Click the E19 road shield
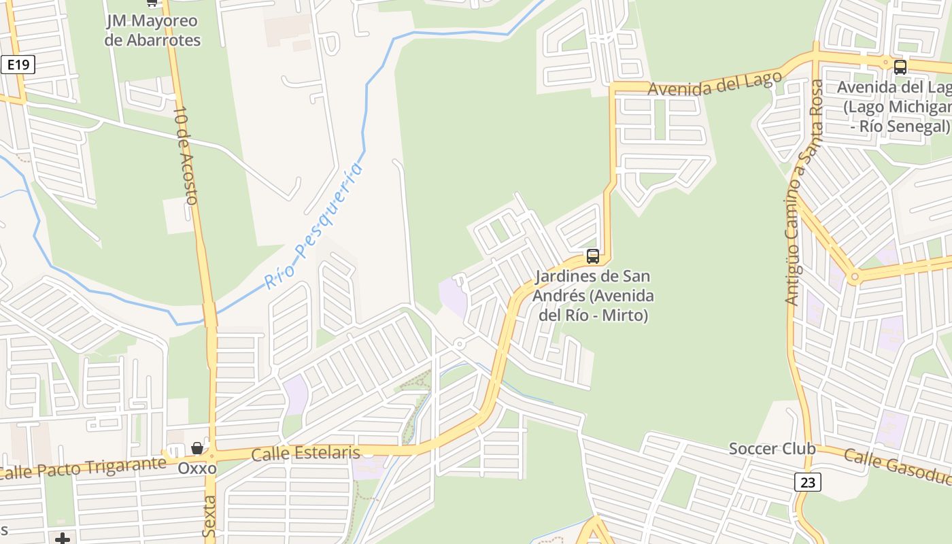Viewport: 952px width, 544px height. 18,65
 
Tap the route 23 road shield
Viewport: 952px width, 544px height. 807,482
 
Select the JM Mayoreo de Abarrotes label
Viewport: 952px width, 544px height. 153,31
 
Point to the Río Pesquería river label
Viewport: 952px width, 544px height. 313,226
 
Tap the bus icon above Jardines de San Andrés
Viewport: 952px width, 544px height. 593,256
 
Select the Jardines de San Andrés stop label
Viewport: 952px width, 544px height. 592,296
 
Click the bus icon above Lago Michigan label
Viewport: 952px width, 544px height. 900,67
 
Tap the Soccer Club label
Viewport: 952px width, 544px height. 772,449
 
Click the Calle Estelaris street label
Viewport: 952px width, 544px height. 305,454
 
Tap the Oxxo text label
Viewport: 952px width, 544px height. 197,469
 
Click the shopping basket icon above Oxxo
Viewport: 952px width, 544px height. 197,448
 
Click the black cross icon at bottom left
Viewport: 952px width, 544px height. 63,539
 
